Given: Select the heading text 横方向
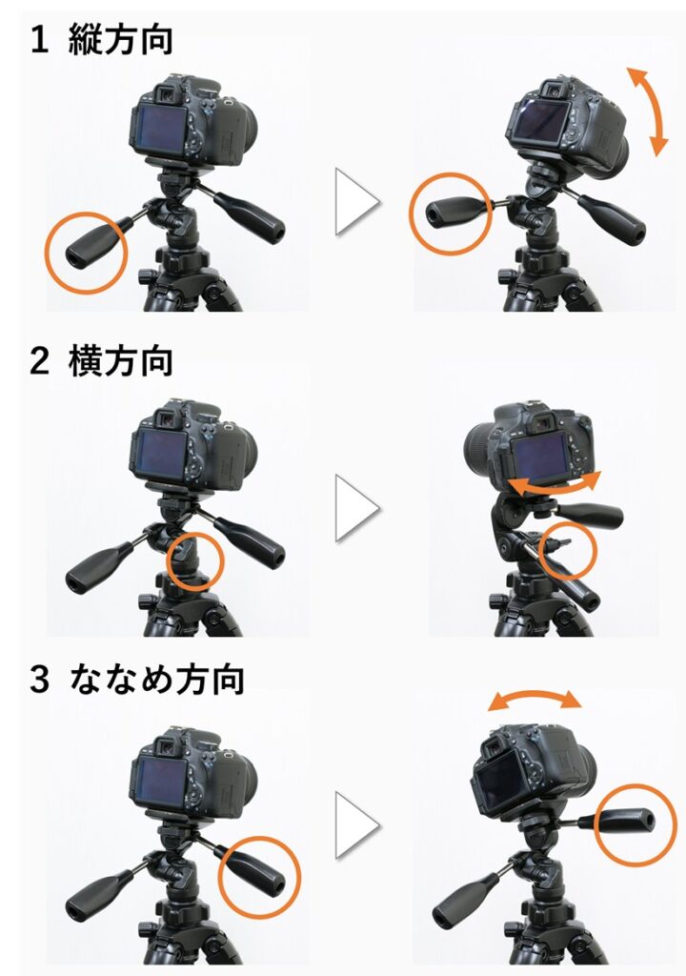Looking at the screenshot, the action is [120, 361].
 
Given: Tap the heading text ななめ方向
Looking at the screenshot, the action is [156, 679].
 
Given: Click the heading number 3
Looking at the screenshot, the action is [39, 679].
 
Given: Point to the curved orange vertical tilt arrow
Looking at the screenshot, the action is [651, 111].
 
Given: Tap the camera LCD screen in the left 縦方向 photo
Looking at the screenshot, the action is [160, 130].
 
